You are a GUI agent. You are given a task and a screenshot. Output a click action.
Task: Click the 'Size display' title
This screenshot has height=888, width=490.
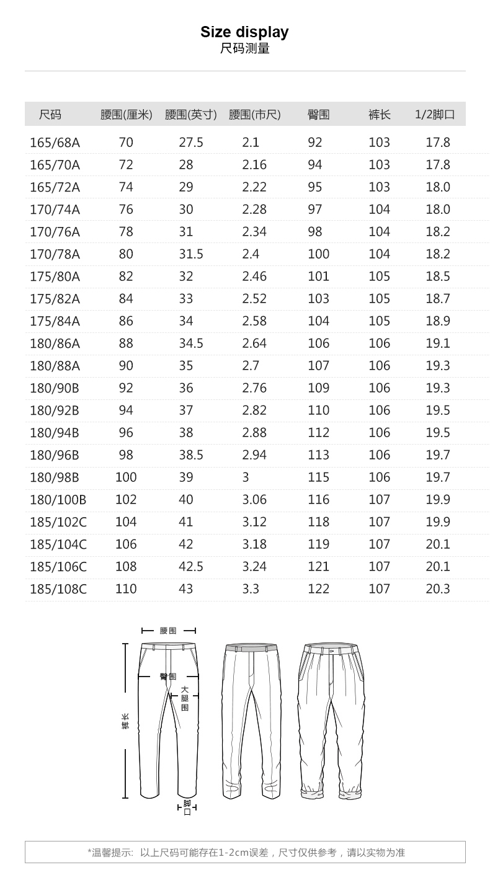point(244,32)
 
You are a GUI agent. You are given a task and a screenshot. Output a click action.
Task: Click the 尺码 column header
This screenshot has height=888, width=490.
point(50,115)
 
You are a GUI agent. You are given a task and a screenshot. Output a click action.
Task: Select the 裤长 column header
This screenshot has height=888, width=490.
point(379,115)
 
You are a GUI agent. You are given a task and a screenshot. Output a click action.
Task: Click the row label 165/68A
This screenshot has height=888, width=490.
point(55,143)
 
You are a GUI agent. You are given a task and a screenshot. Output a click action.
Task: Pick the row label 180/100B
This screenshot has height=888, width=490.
point(58,500)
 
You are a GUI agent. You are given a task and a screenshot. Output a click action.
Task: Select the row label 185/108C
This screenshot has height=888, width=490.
point(58,589)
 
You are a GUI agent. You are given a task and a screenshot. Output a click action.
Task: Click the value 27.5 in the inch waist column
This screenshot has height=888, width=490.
point(191,143)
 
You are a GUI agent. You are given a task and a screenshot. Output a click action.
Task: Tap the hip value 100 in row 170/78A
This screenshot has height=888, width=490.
point(318,254)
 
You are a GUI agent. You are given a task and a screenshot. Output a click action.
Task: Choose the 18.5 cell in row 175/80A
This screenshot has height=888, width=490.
point(437,277)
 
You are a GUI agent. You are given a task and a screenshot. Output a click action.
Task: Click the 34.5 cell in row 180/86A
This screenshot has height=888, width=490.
point(191,344)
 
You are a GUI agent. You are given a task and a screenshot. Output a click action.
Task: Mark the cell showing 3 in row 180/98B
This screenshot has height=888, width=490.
point(246,477)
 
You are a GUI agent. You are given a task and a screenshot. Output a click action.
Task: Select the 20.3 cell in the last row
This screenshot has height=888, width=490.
point(437,589)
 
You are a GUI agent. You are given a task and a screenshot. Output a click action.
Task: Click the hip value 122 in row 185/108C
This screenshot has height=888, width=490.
point(318,589)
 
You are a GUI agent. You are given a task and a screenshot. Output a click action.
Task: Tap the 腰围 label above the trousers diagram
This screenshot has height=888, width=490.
point(168,631)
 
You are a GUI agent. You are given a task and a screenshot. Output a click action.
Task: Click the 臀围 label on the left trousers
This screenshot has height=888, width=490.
point(167,677)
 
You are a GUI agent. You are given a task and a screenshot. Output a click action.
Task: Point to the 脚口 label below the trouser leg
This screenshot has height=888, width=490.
point(187,808)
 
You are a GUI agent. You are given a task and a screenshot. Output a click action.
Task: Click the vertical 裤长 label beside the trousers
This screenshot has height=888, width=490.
point(125,721)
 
